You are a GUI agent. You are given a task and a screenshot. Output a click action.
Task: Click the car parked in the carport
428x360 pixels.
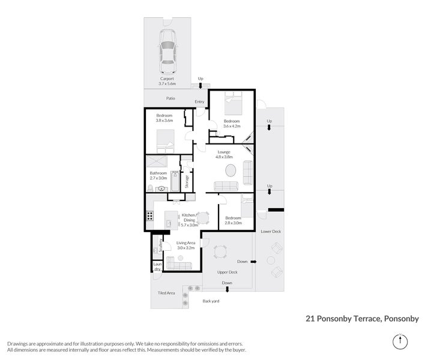click(x=167, y=49)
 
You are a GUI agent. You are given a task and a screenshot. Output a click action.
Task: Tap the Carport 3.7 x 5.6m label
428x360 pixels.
click(x=167, y=82)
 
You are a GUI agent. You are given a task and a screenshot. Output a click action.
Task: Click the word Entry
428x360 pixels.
click(x=200, y=101)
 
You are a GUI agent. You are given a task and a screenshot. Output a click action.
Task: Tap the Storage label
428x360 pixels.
click(x=187, y=181)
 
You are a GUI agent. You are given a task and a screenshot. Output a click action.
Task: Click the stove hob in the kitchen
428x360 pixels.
click(x=148, y=217)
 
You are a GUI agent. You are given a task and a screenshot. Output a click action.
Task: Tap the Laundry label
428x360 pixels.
click(x=157, y=266)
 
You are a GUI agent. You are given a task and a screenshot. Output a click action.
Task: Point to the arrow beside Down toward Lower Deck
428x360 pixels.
click(x=253, y=262)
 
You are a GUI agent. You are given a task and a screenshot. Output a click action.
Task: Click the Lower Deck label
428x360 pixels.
click(x=270, y=230)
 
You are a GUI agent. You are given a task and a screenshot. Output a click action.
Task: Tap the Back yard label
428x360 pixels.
click(x=211, y=301)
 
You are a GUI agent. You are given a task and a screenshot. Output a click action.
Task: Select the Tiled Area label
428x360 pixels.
click(x=166, y=292)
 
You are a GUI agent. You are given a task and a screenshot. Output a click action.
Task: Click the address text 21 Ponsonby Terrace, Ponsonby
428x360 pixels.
click(x=362, y=319)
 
